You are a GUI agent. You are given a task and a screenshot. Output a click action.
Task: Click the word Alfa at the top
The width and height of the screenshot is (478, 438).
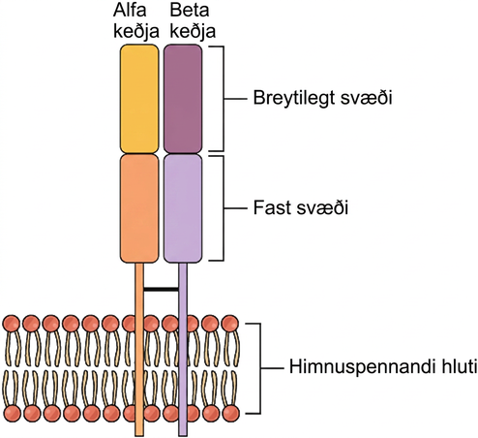[x=130, y=10]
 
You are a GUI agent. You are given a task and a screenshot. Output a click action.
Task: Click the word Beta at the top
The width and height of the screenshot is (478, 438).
[x=190, y=10]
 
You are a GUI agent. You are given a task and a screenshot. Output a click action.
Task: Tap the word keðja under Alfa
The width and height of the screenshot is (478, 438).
[x=136, y=32]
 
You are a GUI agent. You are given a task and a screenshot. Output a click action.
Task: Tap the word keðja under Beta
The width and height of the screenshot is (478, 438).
[x=193, y=32]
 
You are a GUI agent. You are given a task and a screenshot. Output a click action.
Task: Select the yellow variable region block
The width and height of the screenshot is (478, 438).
[x=139, y=99]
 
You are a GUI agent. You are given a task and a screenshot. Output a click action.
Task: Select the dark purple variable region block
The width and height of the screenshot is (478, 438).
[x=183, y=99]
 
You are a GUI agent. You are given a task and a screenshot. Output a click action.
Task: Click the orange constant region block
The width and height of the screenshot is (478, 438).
[x=139, y=208]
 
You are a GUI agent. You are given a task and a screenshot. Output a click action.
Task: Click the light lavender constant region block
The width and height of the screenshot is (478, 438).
[x=183, y=208]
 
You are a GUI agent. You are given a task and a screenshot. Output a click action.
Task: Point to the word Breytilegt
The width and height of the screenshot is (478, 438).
[x=294, y=98]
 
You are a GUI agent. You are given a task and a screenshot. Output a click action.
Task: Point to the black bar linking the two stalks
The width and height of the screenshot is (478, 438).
[x=161, y=289]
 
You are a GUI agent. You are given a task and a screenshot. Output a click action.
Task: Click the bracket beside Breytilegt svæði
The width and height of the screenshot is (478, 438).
[x=224, y=99]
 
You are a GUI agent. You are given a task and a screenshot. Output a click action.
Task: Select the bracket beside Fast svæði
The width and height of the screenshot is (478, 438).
[x=224, y=208]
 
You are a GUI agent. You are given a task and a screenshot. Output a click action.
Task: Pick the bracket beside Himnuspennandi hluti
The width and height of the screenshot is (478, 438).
[x=260, y=368]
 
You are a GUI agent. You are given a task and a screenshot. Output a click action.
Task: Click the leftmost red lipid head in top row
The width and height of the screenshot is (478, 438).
[x=12, y=324]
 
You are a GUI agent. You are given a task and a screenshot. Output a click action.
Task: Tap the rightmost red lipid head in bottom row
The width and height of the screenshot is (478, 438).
[x=231, y=413]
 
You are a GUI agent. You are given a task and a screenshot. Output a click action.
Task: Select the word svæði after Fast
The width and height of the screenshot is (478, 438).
[x=321, y=207]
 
